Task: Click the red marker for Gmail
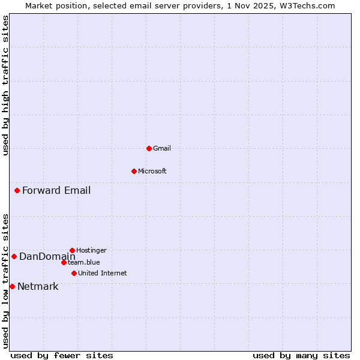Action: (x=149, y=148)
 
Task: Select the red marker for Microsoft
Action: (x=134, y=171)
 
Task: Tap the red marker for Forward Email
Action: (x=17, y=191)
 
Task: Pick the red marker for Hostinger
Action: (x=72, y=250)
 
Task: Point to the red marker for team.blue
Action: (x=64, y=262)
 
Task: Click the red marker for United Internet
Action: (x=74, y=273)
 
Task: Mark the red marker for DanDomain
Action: (x=14, y=257)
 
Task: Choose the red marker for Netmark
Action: (x=12, y=287)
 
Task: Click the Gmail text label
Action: (x=162, y=148)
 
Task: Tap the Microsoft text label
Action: (x=152, y=171)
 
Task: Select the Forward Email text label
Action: (x=56, y=191)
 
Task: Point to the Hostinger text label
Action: (x=91, y=250)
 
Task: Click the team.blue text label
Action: (x=84, y=262)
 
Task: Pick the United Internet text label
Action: (x=103, y=273)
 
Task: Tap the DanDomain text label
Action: (x=47, y=257)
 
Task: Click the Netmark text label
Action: (x=38, y=287)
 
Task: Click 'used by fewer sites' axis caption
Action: (x=62, y=355)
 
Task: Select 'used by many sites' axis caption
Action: (x=301, y=355)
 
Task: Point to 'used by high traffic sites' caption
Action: (x=5, y=85)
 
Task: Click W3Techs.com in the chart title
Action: (x=305, y=5)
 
